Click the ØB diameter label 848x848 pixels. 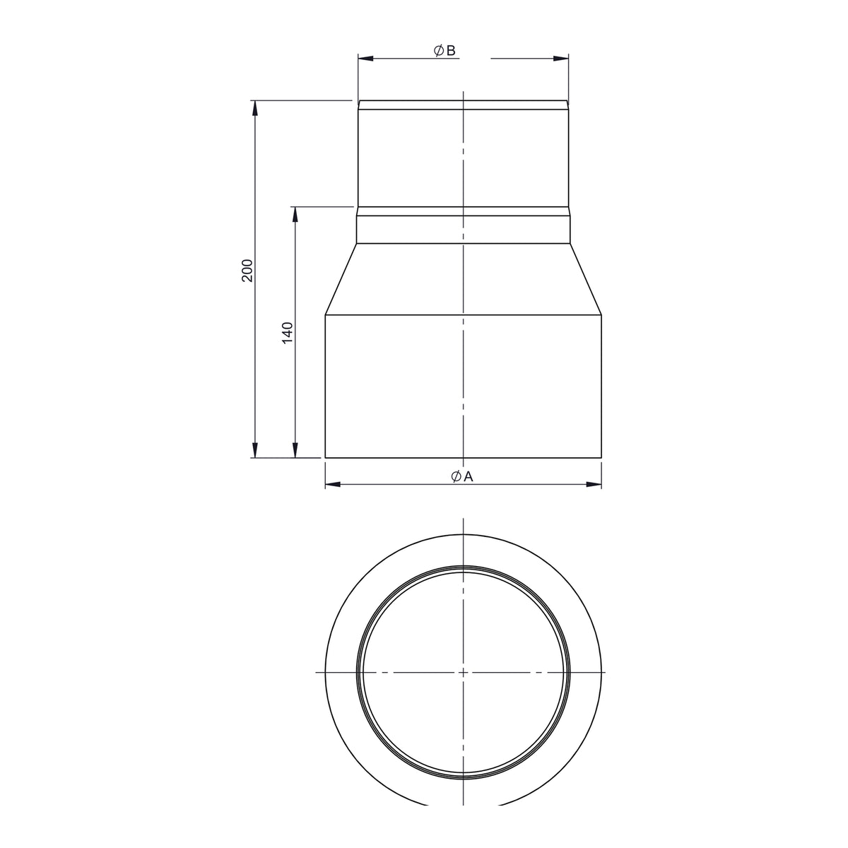444,51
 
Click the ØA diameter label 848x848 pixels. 462,476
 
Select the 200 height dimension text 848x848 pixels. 248,271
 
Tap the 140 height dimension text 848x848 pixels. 287,333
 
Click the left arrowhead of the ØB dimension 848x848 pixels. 365,58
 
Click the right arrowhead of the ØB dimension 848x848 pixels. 561,58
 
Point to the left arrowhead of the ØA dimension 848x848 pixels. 333,485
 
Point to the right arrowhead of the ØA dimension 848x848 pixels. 594,485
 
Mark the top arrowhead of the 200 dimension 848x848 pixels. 254,108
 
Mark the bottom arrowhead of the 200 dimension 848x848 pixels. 254,450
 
